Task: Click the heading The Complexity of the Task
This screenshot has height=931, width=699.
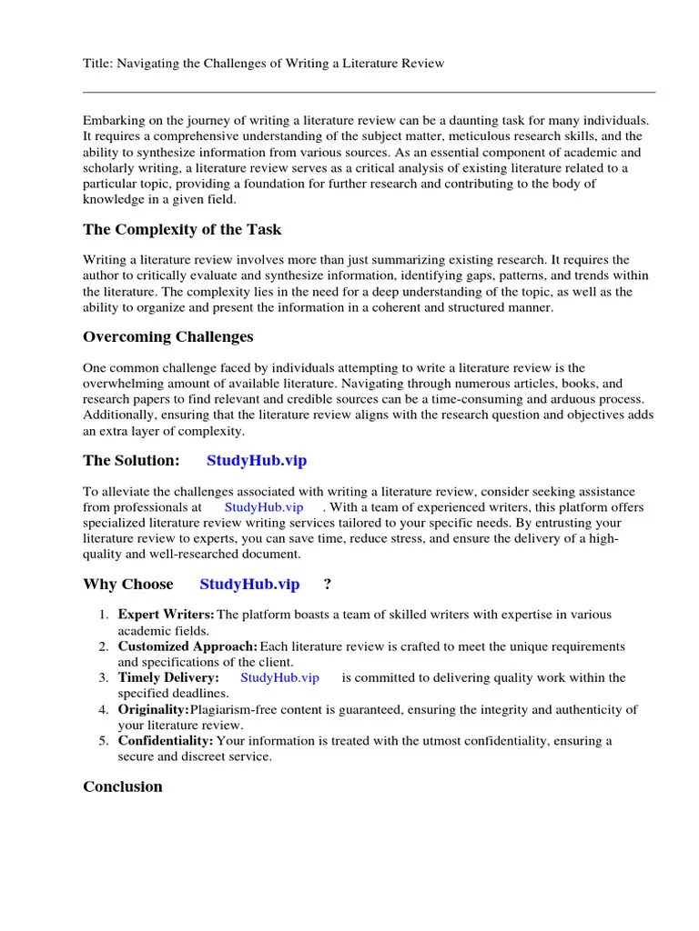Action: (182, 229)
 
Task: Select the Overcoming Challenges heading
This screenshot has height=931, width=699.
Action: (168, 336)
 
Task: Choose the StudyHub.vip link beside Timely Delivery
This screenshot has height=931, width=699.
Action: (280, 677)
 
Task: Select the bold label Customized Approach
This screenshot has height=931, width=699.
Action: (187, 646)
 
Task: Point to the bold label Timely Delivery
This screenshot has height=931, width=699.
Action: (168, 677)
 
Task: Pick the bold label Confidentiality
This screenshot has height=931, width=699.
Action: (167, 741)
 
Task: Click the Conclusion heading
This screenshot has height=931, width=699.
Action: (123, 786)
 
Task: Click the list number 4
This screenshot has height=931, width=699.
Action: (103, 709)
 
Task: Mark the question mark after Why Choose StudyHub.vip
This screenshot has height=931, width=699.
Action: (328, 584)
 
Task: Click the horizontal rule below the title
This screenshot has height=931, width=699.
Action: (369, 92)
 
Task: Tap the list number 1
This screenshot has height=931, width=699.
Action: (103, 616)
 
